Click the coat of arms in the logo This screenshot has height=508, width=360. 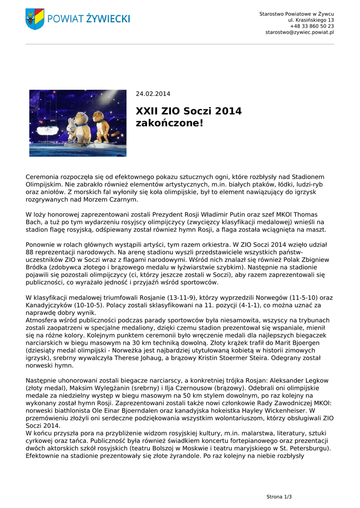pos(35,19)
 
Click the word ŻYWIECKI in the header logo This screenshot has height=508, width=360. pos(107,19)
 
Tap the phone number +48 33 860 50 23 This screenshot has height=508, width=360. pos(312,26)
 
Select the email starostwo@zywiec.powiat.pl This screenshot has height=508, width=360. pos(299,32)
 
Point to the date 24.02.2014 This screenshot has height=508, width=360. pos(153,94)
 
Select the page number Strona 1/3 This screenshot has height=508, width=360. pos(279,497)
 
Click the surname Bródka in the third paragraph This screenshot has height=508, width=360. pos(37,267)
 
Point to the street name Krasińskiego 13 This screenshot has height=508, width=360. pos(314,20)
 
